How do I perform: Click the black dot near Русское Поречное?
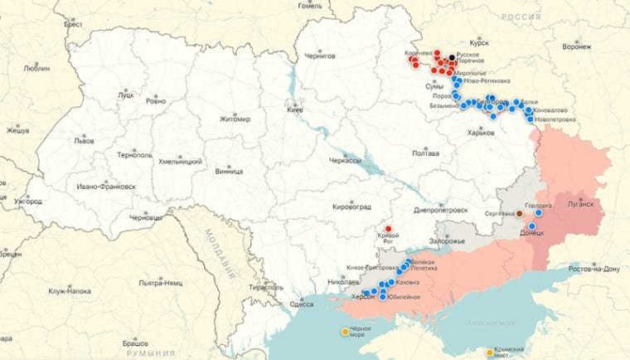point(452,57)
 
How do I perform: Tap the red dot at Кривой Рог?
point(388,229)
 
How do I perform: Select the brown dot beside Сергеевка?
point(520,214)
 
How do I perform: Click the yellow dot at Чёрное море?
point(346,333)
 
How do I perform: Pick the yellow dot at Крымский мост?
point(490,353)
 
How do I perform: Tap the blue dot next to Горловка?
point(538,212)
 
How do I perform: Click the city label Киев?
point(295,109)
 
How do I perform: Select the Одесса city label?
point(302,304)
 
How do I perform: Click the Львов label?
point(84,141)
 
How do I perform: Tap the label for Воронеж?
point(576,47)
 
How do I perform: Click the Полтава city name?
point(425,153)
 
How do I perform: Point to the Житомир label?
point(235,119)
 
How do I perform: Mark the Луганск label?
point(580,203)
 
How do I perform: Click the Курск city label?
point(479,41)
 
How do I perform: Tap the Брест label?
point(73,25)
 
